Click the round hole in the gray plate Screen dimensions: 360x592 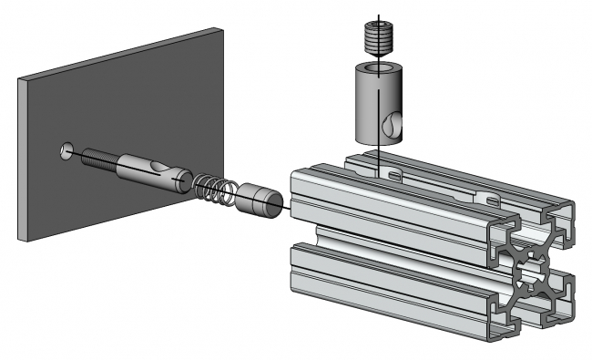[x=66, y=149]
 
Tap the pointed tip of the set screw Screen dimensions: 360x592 [x=376, y=57]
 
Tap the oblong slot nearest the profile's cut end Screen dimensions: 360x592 [x=492, y=199]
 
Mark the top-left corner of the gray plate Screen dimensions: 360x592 [x=19, y=79]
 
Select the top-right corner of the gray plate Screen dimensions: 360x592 [x=224, y=27]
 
